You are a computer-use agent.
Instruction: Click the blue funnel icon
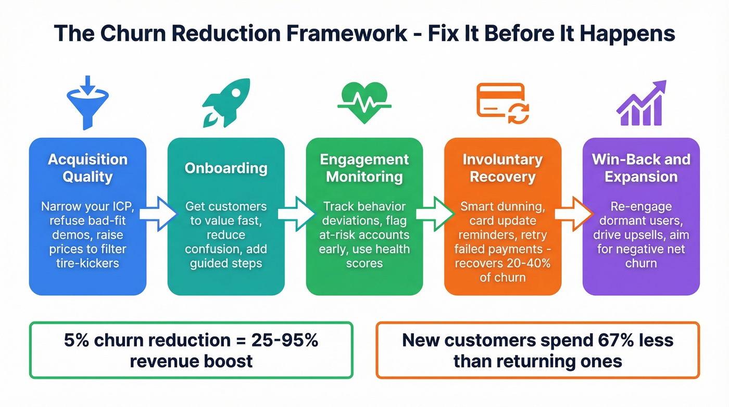87,102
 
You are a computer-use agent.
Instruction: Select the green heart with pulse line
364,102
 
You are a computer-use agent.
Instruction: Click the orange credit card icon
502,102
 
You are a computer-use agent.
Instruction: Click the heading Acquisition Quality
87,168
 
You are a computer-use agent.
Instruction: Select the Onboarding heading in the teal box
226,168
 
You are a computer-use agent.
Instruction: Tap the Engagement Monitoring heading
364,168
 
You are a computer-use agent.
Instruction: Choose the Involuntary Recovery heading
502,168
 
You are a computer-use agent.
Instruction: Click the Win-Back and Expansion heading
641,168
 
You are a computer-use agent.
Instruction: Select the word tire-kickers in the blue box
87,263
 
